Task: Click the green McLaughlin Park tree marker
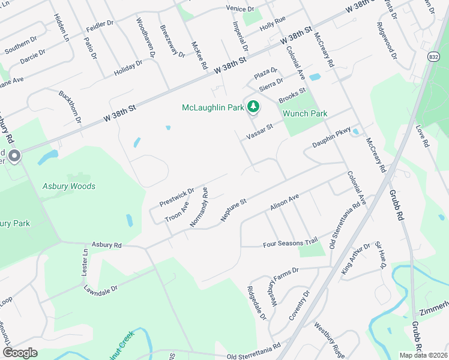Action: click(x=253, y=107)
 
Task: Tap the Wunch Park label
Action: click(x=306, y=113)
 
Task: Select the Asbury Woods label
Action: click(x=68, y=187)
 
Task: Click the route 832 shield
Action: click(x=433, y=55)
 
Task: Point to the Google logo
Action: click(x=20, y=353)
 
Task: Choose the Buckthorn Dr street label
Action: click(x=70, y=106)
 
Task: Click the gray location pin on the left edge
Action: click(x=14, y=157)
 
